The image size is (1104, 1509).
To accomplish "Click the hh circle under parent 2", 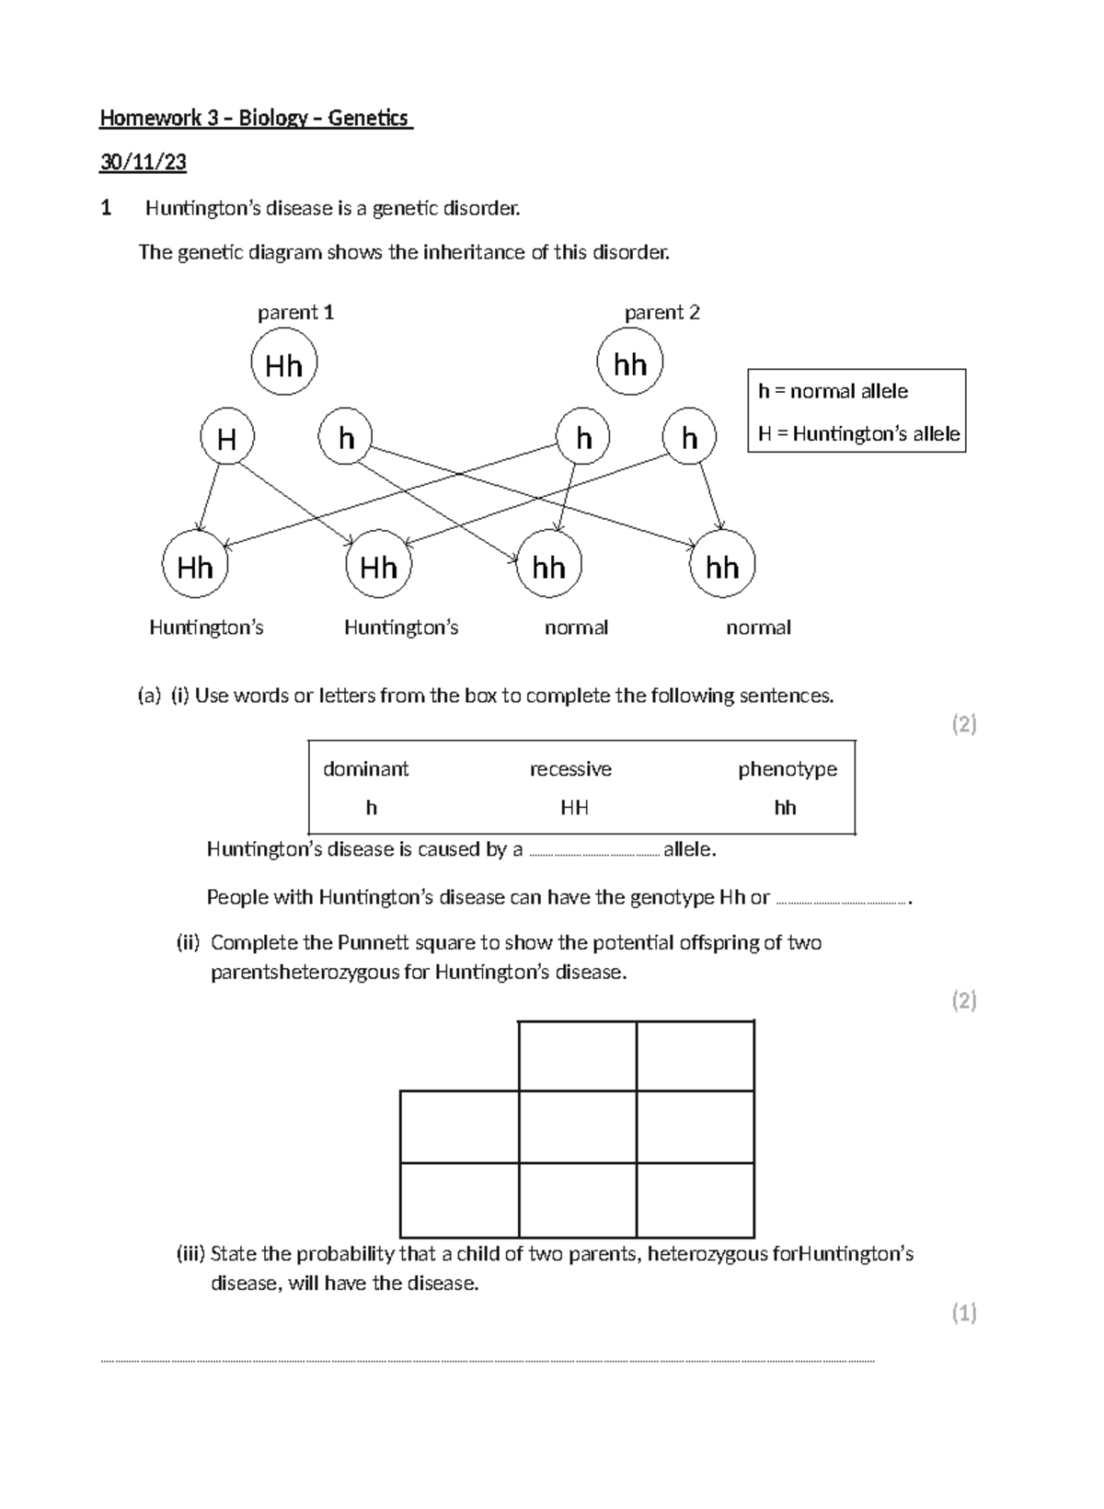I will click(630, 363).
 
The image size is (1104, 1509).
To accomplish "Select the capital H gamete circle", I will click(227, 439).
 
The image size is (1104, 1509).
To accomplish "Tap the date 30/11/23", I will click(144, 163).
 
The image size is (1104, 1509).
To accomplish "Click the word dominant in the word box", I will click(365, 769).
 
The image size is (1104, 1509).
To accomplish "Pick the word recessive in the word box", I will click(570, 769).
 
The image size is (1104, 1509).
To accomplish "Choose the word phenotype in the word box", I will click(788, 769).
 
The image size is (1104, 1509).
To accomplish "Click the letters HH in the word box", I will click(575, 808).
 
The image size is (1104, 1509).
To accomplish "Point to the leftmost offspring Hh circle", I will click(195, 566).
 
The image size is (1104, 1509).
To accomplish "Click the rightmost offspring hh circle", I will click(722, 566).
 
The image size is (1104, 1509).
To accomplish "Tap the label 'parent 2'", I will click(662, 313).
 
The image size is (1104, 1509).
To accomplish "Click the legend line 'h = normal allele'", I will click(833, 391).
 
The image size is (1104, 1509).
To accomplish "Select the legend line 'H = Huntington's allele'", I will click(858, 433).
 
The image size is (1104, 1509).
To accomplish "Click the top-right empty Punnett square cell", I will click(696, 1056).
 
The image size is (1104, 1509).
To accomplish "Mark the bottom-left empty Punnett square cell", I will click(459, 1200).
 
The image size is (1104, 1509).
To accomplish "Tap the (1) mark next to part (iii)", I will click(963, 1313).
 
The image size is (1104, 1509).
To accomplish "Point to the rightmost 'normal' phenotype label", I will click(758, 628).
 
